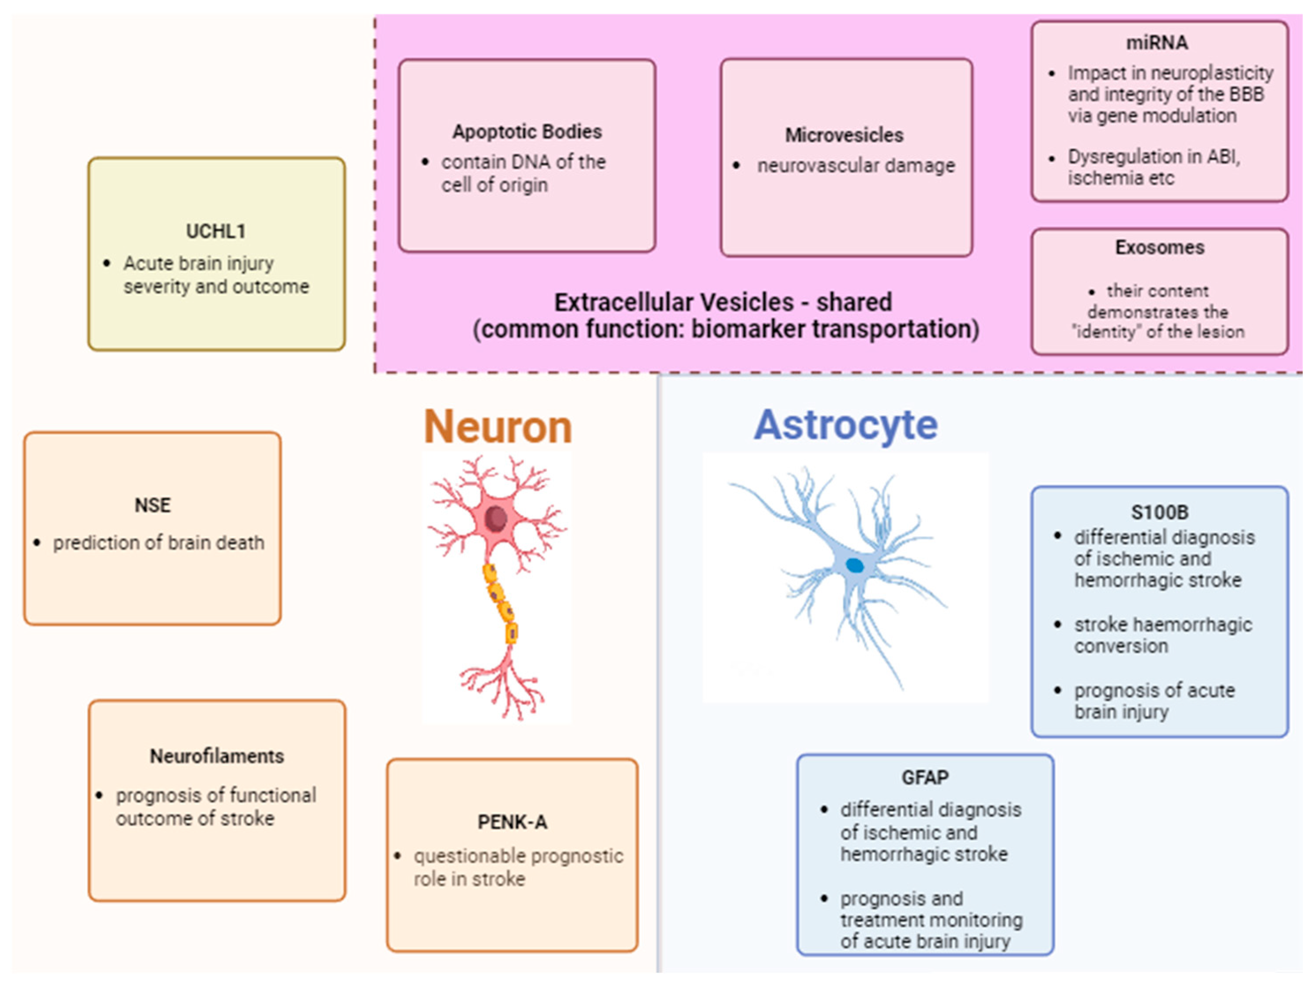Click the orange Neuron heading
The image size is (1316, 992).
click(x=498, y=427)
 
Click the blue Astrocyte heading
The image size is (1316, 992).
click(x=845, y=425)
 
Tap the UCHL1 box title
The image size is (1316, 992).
click(x=216, y=231)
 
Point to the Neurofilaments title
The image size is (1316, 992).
click(x=217, y=756)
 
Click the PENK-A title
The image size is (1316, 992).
click(x=512, y=822)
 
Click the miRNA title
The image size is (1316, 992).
click(x=1157, y=43)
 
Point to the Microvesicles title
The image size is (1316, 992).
click(x=844, y=135)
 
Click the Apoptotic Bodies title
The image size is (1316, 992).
click(x=527, y=132)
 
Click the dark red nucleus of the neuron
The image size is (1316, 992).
click(x=496, y=518)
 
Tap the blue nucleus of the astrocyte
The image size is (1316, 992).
click(x=855, y=565)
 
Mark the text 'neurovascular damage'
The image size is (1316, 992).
click(x=856, y=165)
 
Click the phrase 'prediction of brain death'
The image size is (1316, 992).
click(x=158, y=542)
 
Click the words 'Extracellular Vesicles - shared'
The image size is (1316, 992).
click(x=722, y=302)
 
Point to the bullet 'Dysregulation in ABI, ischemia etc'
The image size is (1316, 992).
click(x=1153, y=167)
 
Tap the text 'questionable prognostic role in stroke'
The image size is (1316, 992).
click(x=517, y=867)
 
